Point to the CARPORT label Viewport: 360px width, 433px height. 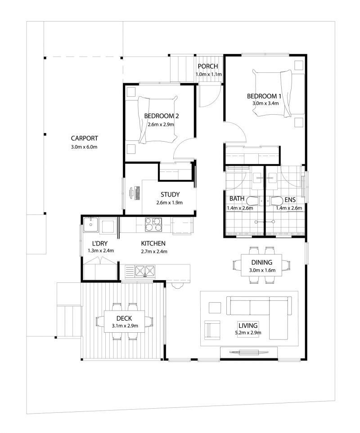click(x=84, y=138)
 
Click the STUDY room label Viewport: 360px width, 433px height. click(x=170, y=195)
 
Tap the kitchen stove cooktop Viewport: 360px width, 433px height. click(x=153, y=224)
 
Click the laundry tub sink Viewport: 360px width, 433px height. click(x=92, y=224)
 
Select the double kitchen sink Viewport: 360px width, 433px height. click(x=145, y=270)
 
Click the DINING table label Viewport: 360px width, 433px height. click(x=261, y=262)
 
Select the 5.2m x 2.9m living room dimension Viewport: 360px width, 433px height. click(x=248, y=333)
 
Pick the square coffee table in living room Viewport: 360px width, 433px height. click(x=215, y=308)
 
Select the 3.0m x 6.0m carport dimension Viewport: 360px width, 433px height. click(x=84, y=147)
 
